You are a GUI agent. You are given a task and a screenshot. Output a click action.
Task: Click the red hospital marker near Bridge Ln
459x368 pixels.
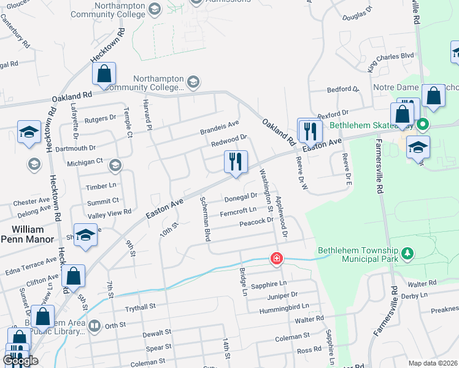277,258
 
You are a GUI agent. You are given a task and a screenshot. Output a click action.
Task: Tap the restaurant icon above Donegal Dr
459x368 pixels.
236,162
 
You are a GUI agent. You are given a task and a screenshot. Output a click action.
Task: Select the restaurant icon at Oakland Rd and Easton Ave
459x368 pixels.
309,130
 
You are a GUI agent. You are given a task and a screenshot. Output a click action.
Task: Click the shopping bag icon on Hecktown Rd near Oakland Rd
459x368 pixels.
104,74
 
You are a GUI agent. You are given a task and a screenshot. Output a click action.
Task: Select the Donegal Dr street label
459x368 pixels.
240,197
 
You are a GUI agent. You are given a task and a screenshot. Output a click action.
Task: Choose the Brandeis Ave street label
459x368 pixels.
219,128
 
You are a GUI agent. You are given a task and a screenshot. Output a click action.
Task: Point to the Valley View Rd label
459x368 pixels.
110,212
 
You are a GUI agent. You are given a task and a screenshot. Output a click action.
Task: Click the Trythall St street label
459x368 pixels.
141,305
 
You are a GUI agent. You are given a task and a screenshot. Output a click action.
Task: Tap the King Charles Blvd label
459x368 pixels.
391,62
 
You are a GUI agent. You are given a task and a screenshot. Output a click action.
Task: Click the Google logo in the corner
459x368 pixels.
20,361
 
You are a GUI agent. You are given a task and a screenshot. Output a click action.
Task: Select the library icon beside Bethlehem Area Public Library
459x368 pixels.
94,326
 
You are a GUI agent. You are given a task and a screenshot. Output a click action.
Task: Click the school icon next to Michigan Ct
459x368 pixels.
114,165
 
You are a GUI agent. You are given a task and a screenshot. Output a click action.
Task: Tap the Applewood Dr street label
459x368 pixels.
281,217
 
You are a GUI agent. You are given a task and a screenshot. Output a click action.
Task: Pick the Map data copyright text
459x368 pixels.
433,363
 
